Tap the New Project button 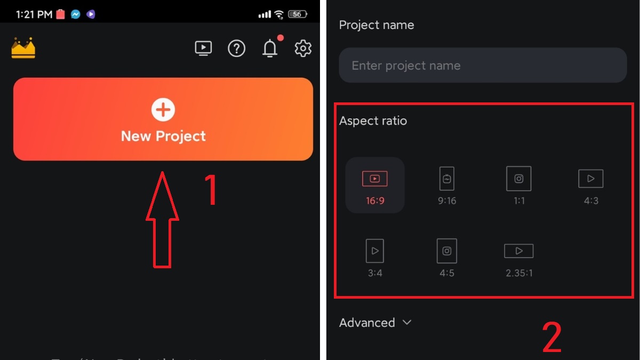[163, 119]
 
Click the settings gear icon [303, 49]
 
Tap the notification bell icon [270, 49]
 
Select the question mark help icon [236, 49]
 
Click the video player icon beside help [203, 49]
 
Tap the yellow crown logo [23, 48]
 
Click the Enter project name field [482, 66]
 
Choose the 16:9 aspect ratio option [375, 186]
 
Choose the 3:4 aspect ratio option [375, 258]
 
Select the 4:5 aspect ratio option [447, 258]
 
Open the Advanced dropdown [375, 323]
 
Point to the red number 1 [212, 190]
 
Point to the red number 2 [552, 338]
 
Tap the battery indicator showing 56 [297, 14]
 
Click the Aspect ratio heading [373, 121]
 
